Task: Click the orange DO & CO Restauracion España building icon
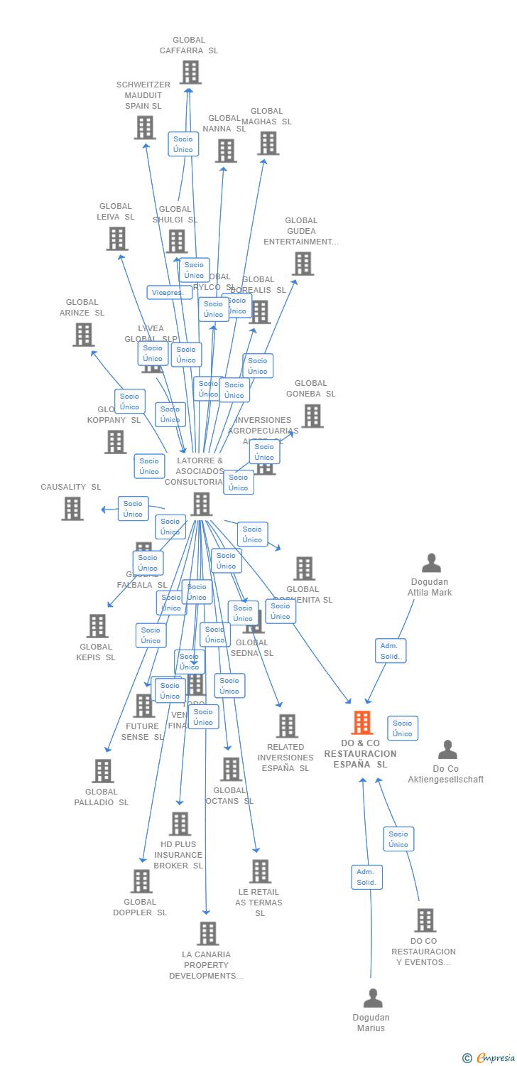[362, 723]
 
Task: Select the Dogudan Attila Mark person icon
[431, 563]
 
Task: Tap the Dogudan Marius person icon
[372, 998]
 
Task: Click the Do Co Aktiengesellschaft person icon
[447, 750]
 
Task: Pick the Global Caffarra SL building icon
[190, 72]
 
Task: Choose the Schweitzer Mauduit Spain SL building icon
[144, 127]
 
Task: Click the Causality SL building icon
[72, 508]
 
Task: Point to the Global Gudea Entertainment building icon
[302, 263]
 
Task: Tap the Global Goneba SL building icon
[312, 416]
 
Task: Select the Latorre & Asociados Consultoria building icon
[201, 504]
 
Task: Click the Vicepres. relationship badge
[168, 292]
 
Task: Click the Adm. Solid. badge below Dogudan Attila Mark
[391, 651]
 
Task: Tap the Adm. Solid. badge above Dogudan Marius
[366, 877]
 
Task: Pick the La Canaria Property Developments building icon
[207, 933]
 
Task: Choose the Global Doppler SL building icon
[141, 881]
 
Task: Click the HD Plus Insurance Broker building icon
[179, 824]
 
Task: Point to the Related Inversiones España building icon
[287, 726]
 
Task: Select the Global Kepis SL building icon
[97, 625]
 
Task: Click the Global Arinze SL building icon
[83, 334]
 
